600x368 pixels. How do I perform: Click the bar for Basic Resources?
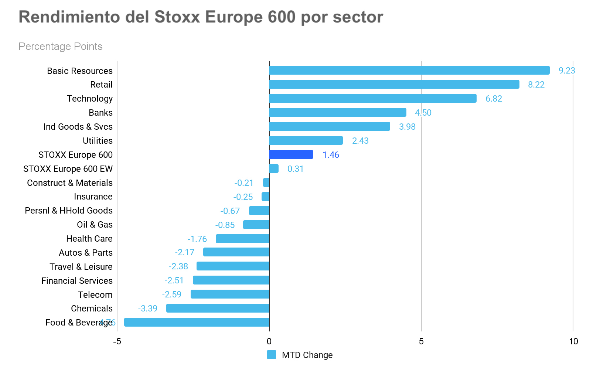click(x=409, y=70)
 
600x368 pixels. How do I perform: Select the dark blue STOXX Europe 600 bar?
click(x=291, y=154)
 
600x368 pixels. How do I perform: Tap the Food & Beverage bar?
click(x=197, y=322)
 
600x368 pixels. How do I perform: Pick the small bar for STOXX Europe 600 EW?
click(x=274, y=168)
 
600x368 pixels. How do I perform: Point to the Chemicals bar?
click(x=218, y=308)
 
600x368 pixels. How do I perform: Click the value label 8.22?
click(x=536, y=85)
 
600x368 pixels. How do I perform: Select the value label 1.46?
click(x=331, y=155)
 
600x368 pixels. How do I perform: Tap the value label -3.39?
click(x=147, y=309)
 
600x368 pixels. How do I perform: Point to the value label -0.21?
click(x=244, y=183)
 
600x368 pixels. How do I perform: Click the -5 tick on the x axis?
click(x=117, y=341)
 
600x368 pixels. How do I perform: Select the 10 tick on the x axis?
click(x=573, y=341)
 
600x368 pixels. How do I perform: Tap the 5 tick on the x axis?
click(x=421, y=341)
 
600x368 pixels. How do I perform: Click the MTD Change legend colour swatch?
click(x=272, y=355)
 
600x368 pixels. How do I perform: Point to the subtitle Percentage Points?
click(x=60, y=47)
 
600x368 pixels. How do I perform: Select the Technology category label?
click(x=90, y=99)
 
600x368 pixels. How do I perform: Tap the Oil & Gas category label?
click(x=95, y=225)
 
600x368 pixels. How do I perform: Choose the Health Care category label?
click(x=89, y=239)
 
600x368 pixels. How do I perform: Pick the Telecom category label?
click(x=95, y=295)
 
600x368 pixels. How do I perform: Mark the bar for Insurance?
click(x=265, y=197)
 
